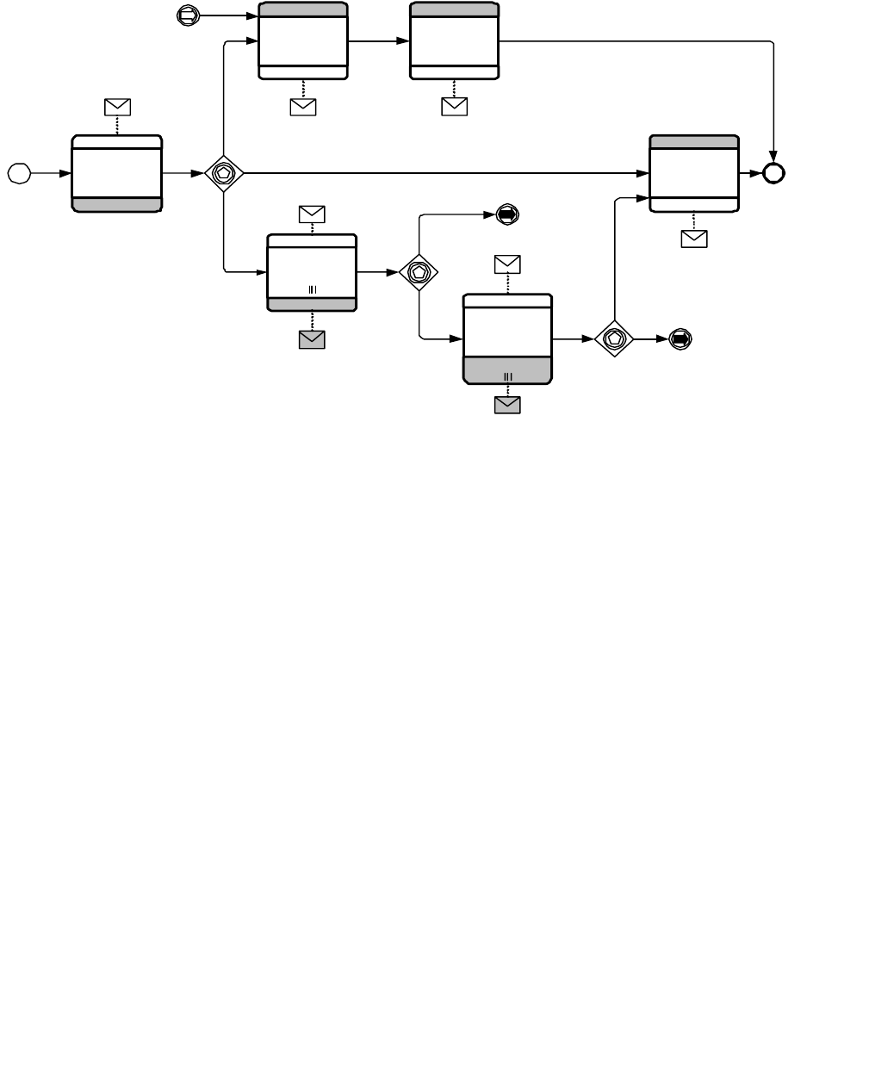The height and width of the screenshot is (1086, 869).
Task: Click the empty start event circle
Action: (x=19, y=173)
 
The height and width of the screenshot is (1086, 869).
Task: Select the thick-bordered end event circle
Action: (x=773, y=173)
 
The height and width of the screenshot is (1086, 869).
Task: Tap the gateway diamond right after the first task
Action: (x=224, y=173)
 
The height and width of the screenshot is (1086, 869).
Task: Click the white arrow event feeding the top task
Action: (x=187, y=15)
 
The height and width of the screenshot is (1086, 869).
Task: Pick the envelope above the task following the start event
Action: (x=117, y=107)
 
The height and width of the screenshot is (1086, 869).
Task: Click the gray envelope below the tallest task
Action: (x=507, y=404)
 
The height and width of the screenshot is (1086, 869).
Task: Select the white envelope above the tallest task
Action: (x=507, y=264)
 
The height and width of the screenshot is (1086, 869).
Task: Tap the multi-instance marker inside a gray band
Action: (x=507, y=377)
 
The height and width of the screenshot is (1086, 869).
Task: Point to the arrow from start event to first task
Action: (x=52, y=173)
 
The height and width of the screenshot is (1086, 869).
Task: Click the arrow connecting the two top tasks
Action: (x=379, y=40)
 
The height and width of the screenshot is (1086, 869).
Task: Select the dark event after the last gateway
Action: (x=680, y=339)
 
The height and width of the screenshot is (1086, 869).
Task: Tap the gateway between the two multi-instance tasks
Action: (x=419, y=272)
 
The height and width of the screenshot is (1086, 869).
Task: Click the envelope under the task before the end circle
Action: (x=694, y=239)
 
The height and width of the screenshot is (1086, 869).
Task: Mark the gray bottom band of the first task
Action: (x=117, y=204)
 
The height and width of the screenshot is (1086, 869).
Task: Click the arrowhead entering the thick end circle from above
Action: (x=773, y=156)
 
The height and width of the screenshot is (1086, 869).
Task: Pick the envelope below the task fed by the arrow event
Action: (x=303, y=107)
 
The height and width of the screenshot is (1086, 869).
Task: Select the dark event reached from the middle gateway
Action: (x=507, y=214)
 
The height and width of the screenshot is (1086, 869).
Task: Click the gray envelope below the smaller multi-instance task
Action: (x=312, y=339)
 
